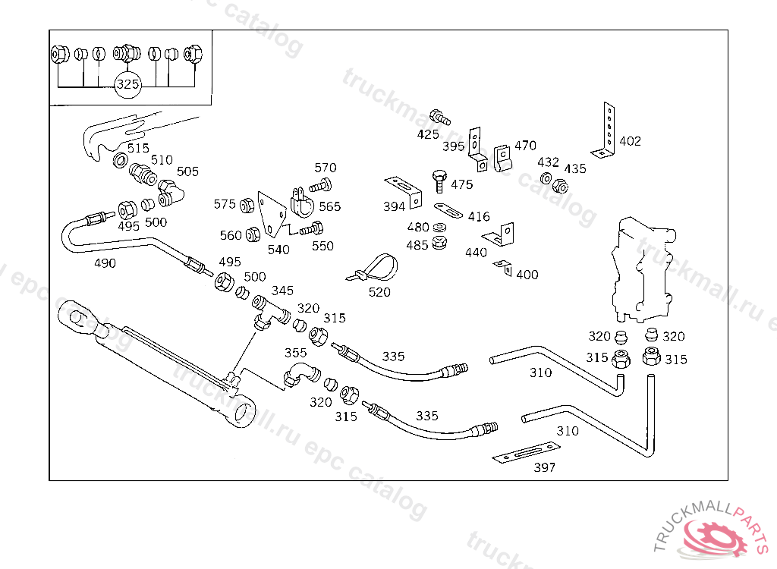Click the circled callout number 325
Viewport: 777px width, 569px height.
tap(127, 85)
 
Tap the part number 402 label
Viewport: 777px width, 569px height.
tap(630, 141)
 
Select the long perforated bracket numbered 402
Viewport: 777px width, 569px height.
tap(607, 129)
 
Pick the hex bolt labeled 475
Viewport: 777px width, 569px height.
tap(440, 181)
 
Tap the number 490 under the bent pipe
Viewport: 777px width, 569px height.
tap(105, 262)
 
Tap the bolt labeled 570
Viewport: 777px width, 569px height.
tap(320, 184)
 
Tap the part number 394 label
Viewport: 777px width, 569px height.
tap(394, 206)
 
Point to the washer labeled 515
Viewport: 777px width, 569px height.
tap(120, 161)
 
